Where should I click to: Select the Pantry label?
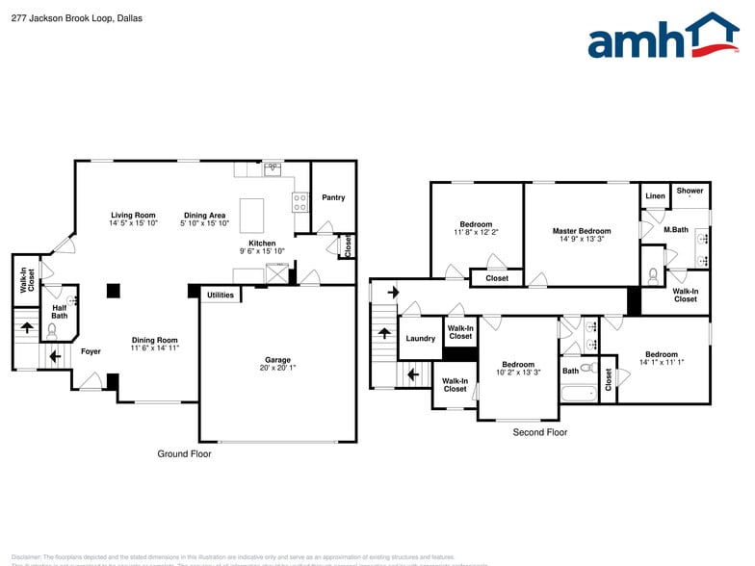click(333, 197)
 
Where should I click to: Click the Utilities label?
click(221, 295)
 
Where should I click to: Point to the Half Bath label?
click(60, 312)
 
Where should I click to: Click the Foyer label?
click(91, 351)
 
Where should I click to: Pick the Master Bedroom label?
click(581, 231)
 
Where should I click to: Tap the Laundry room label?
click(420, 338)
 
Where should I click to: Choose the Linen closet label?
click(655, 196)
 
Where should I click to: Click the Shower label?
click(690, 191)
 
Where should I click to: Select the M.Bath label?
click(675, 229)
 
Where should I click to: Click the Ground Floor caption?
click(184, 453)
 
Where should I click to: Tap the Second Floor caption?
click(539, 432)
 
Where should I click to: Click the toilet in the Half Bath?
click(53, 329)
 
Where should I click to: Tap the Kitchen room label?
click(262, 243)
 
